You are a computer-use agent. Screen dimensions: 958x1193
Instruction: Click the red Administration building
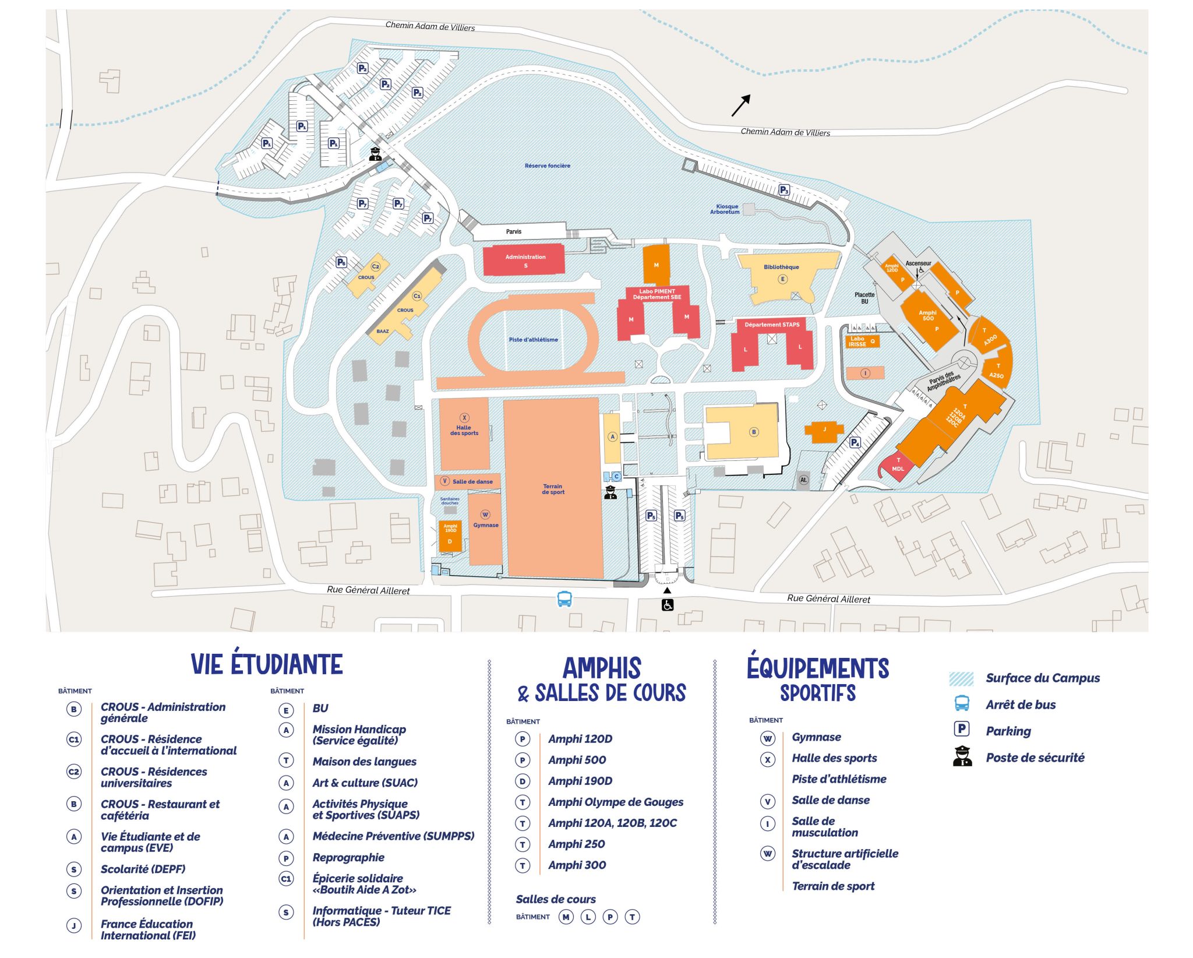pyautogui.click(x=524, y=260)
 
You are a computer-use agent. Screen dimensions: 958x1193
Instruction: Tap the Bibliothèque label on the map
pyautogui.click(x=781, y=267)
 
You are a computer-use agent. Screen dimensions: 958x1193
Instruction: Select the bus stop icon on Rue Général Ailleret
pyautogui.click(x=564, y=598)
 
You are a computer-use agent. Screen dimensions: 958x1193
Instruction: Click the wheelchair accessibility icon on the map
pyautogui.click(x=667, y=605)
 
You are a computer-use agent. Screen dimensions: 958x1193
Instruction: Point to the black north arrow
pyautogui.click(x=740, y=105)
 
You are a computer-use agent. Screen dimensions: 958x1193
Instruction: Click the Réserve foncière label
pyautogui.click(x=547, y=166)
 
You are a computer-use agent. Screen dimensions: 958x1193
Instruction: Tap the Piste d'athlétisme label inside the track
pyautogui.click(x=533, y=340)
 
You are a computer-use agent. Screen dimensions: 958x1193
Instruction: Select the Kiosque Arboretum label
pyautogui.click(x=725, y=209)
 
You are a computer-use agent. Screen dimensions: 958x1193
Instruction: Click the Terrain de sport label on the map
pyautogui.click(x=553, y=489)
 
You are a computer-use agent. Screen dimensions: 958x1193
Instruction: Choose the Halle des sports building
pyautogui.click(x=464, y=433)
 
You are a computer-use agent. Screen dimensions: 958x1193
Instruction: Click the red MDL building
pyautogui.click(x=897, y=467)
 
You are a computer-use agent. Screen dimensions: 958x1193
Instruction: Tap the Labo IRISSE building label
pyautogui.click(x=857, y=341)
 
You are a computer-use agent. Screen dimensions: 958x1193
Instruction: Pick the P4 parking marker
pyautogui.click(x=855, y=442)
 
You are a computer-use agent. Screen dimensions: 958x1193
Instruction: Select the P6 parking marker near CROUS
pyautogui.click(x=341, y=262)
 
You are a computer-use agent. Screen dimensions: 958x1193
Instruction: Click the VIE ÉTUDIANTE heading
pyautogui.click(x=267, y=664)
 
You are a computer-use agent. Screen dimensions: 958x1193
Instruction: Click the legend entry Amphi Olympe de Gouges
pyautogui.click(x=615, y=802)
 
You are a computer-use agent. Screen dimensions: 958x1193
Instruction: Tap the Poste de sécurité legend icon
pyautogui.click(x=962, y=756)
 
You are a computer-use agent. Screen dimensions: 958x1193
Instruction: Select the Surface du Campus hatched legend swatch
pyautogui.click(x=961, y=678)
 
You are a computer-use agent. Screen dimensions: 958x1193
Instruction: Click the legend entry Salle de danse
pyautogui.click(x=830, y=800)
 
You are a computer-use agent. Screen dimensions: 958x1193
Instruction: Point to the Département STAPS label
pyautogui.click(x=771, y=325)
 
